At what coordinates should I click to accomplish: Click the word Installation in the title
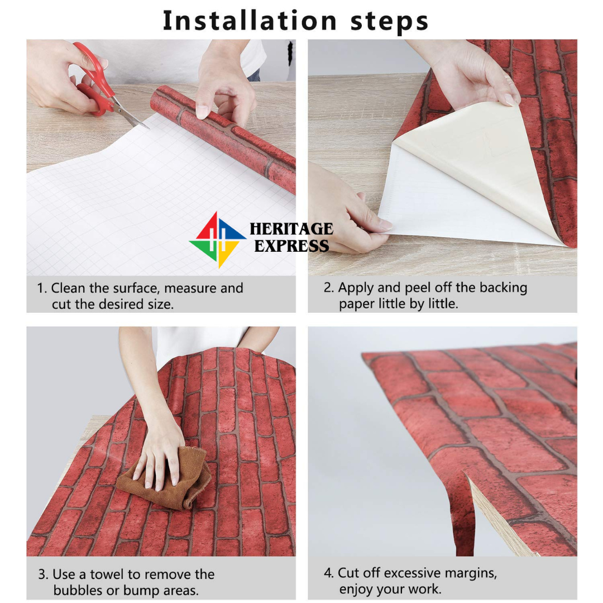(250, 21)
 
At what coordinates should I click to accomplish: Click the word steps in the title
(389, 22)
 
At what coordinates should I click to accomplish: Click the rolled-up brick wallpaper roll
(223, 138)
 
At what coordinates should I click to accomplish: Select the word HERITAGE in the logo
(291, 229)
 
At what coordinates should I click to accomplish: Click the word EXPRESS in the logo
(291, 246)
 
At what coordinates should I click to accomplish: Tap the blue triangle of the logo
(232, 230)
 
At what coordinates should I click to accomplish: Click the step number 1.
(41, 289)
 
